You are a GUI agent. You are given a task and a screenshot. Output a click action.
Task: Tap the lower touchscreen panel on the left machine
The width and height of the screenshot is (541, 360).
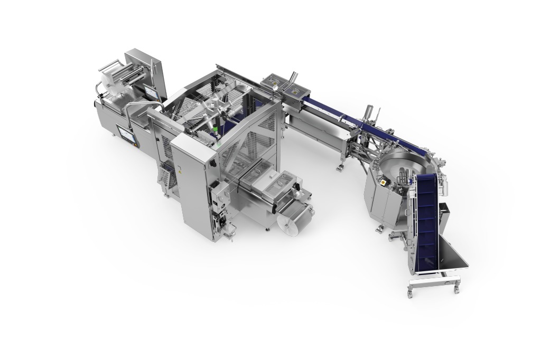tap(127, 135)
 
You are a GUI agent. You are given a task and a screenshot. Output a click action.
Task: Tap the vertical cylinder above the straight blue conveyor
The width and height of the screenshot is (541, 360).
tap(369, 113)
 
